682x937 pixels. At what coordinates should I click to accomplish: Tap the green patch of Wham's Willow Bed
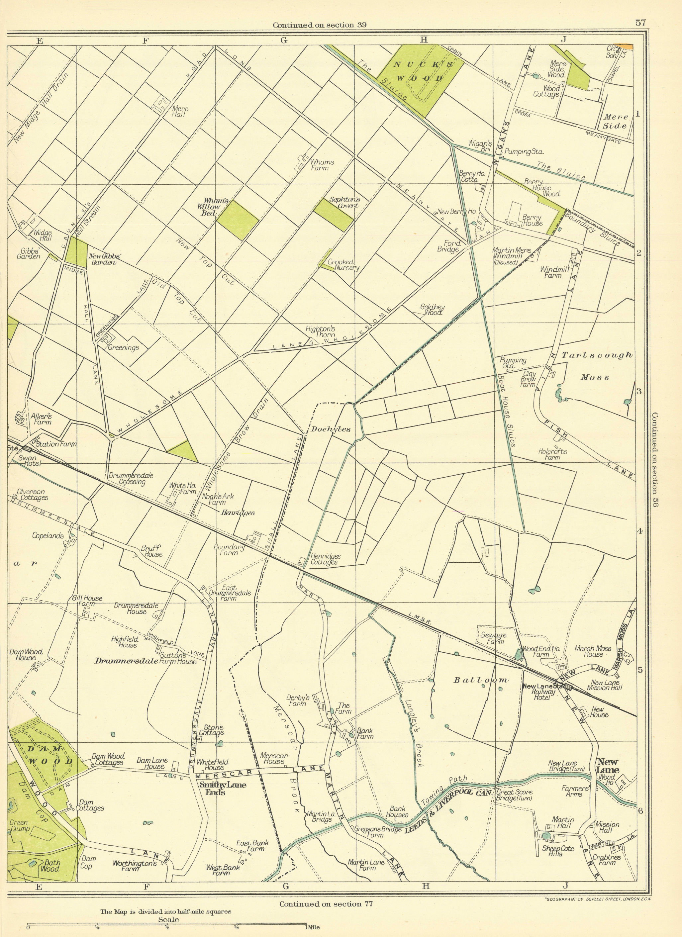click(x=238, y=220)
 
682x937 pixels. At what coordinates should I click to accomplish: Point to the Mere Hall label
click(x=180, y=111)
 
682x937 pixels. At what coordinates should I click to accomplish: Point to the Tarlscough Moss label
click(x=597, y=366)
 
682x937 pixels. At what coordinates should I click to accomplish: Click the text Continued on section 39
click(x=319, y=25)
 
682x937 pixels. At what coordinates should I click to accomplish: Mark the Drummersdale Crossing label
click(x=131, y=478)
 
